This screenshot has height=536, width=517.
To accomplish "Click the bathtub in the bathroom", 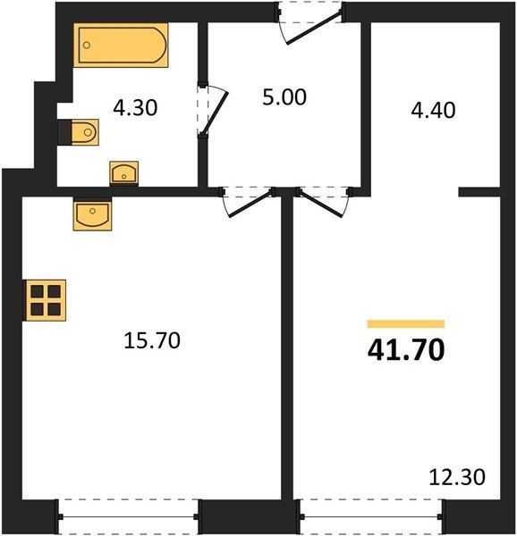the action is (x=121, y=46).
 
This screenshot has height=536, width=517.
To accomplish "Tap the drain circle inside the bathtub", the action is (x=87, y=45).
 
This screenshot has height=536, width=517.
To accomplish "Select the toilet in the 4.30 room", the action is (x=85, y=132).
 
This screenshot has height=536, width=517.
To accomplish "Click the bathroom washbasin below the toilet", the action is (x=123, y=173).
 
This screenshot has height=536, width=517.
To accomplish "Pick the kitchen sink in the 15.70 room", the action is (x=92, y=215).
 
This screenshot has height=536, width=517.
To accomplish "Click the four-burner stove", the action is (x=45, y=300).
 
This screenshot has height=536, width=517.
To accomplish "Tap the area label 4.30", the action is (x=135, y=108).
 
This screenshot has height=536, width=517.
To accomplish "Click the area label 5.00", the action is (x=284, y=97).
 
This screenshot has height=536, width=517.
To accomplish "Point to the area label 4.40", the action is (x=433, y=110).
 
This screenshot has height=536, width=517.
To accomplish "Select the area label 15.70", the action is (x=152, y=340).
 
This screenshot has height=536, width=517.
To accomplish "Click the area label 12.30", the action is (x=457, y=477).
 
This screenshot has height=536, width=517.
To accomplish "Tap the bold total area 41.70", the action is (x=406, y=350).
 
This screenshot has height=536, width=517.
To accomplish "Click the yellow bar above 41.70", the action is (x=406, y=323).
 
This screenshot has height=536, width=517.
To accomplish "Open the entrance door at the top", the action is (x=314, y=28).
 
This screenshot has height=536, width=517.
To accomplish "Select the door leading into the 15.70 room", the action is (x=250, y=204).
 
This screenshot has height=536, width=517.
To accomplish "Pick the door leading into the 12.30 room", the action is (x=320, y=204).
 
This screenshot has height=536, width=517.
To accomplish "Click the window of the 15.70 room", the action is (x=128, y=517).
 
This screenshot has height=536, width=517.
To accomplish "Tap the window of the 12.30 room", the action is (x=371, y=517).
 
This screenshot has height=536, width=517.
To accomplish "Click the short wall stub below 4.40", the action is (x=479, y=192).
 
